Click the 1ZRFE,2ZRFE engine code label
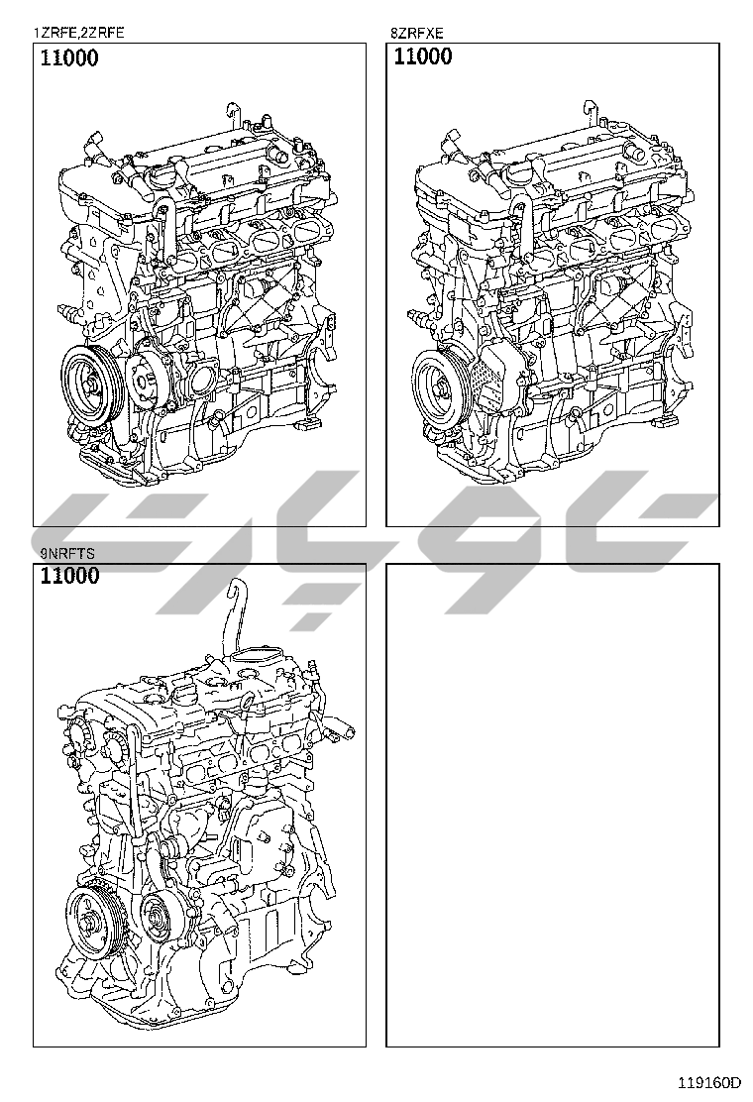click(78, 33)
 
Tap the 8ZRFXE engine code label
click(417, 33)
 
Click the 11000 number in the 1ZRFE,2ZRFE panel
click(68, 57)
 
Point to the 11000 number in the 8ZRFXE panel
click(423, 56)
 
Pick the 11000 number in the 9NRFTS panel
click(69, 576)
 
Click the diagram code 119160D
click(709, 1081)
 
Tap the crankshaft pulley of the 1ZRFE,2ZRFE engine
click(93, 384)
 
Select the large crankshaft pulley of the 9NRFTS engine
click(93, 922)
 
